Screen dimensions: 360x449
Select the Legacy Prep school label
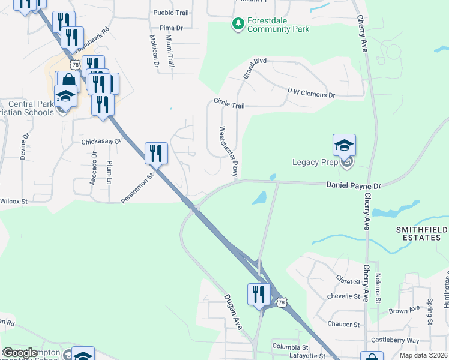coord(315,162)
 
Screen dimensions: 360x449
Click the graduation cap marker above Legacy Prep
coord(344,146)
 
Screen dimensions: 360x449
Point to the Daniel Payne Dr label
coord(354,187)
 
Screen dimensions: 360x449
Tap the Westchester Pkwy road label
coord(229,152)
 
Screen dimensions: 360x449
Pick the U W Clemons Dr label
coord(310,93)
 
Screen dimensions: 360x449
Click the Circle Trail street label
coord(229,103)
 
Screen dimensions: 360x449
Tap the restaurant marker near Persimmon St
coord(156,153)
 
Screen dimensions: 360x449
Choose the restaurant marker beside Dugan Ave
coord(259,294)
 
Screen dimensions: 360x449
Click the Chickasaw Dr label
coord(101,142)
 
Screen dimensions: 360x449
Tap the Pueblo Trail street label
coord(171,13)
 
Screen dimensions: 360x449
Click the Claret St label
coord(348,281)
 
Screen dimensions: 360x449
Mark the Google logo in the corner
coord(20,353)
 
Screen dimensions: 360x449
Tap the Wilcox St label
coord(13,202)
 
